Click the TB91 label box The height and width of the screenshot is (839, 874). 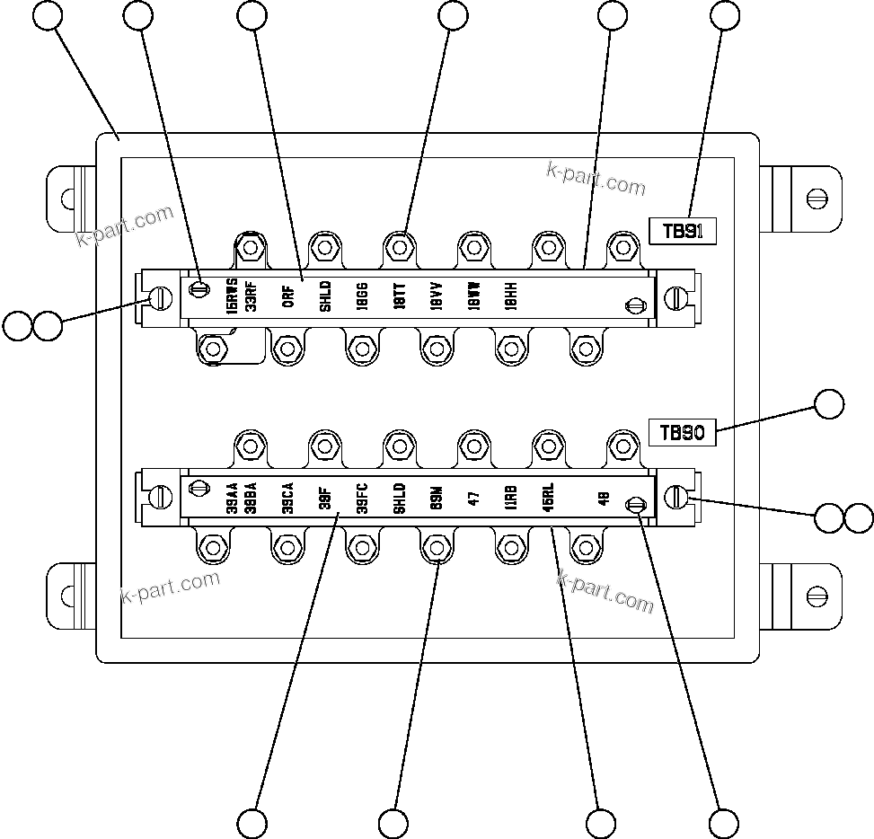[682, 231]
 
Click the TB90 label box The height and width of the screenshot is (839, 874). [682, 432]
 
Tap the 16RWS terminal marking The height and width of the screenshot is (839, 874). [232, 294]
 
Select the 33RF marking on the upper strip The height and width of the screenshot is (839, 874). [251, 294]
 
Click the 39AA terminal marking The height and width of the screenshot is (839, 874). [232, 497]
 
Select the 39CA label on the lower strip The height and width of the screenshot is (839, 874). [287, 497]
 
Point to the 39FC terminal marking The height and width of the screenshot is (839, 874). [362, 497]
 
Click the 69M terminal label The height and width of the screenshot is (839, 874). [437, 497]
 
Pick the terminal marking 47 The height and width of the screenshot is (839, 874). [473, 497]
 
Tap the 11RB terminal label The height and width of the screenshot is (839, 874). [511, 497]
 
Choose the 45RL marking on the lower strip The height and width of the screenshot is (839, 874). [548, 497]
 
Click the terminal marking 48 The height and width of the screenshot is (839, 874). [604, 497]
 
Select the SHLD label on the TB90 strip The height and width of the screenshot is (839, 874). [400, 497]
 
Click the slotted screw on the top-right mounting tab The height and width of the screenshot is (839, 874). [817, 197]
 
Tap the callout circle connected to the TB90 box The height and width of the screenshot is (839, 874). [829, 405]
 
